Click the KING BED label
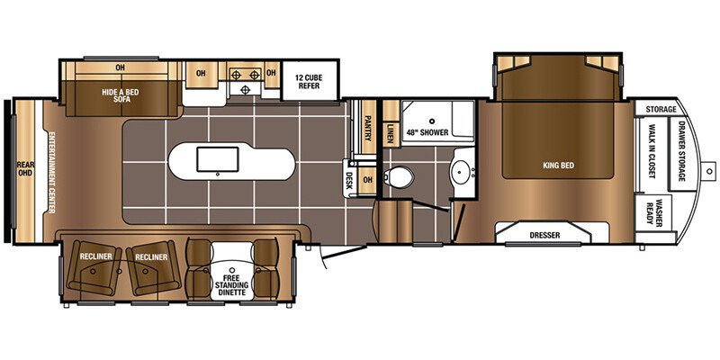point(558,166)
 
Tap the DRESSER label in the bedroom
point(544,235)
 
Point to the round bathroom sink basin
point(463,171)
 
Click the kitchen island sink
point(217,160)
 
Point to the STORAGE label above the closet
point(660,109)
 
